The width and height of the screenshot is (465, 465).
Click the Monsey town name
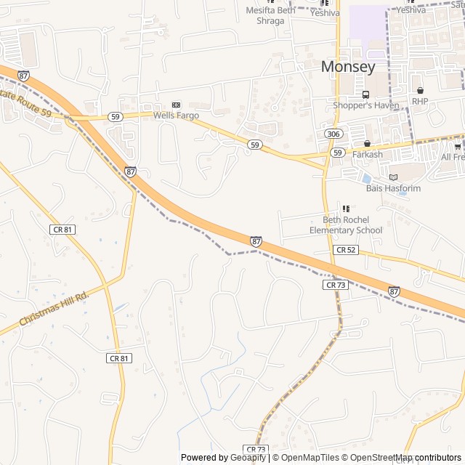[348, 67]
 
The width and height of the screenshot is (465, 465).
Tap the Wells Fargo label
[176, 115]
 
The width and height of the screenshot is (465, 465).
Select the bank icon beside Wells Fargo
[176, 105]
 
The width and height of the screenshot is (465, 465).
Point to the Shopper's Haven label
[366, 105]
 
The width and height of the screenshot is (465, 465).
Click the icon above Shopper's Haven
[365, 94]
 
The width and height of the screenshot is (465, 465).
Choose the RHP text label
[420, 101]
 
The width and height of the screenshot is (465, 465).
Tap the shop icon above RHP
[420, 90]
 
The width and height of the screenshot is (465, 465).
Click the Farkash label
[367, 154]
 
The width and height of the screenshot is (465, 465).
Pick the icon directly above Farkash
[367, 144]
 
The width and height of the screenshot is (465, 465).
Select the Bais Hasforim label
[393, 188]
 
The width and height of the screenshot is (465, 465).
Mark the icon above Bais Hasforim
[393, 177]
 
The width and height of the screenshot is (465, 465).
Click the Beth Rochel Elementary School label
[346, 225]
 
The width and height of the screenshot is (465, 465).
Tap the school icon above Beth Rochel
[346, 209]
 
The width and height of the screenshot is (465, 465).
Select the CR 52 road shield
[345, 249]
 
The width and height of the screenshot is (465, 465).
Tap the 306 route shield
[333, 134]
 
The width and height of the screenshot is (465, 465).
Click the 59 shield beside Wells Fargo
[116, 116]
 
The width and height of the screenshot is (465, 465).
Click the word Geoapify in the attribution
[248, 458]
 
